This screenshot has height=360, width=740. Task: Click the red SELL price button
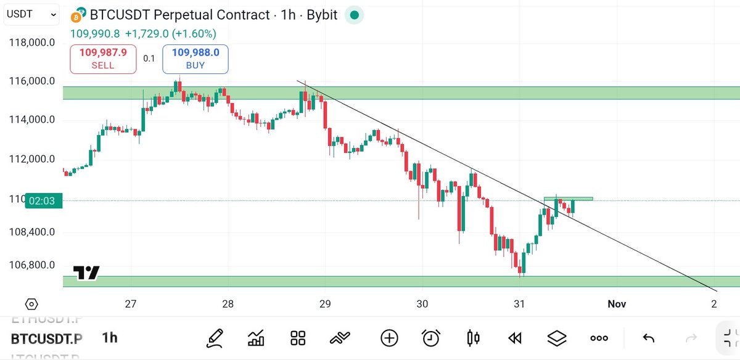pyautogui.click(x=103, y=59)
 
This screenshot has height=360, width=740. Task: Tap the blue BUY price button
pyautogui.click(x=195, y=59)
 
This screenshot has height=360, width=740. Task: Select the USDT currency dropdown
pyautogui.click(x=32, y=14)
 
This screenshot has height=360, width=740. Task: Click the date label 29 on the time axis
pyautogui.click(x=325, y=304)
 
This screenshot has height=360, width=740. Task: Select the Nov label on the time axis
pyautogui.click(x=617, y=304)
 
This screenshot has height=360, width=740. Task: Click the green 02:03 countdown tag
pyautogui.click(x=43, y=200)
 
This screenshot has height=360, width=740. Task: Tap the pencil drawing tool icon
pyautogui.click(x=214, y=337)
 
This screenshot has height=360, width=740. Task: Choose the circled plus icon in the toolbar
pyautogui.click(x=389, y=337)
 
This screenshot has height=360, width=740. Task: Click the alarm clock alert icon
pyautogui.click(x=431, y=337)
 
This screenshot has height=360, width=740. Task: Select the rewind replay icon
pyautogui.click(x=515, y=337)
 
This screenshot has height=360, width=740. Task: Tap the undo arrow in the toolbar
pyautogui.click(x=648, y=337)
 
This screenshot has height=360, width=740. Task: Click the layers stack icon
pyautogui.click(x=557, y=337)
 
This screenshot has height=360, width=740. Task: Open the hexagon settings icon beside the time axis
pyautogui.click(x=31, y=304)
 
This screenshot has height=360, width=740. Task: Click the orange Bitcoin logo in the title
pyautogui.click(x=78, y=15)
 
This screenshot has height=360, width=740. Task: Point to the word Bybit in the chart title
pyautogui.click(x=322, y=15)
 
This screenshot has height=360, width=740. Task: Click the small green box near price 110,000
pyautogui.click(x=568, y=198)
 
